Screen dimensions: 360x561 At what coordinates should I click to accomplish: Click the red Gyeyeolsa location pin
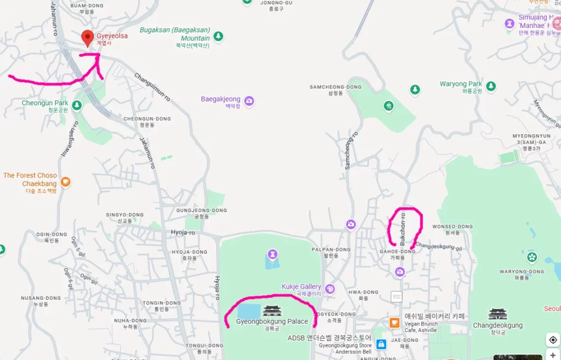(87, 38)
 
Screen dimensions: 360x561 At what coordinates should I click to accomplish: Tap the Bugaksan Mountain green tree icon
(219, 37)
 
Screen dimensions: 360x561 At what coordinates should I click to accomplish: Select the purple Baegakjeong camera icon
(249, 100)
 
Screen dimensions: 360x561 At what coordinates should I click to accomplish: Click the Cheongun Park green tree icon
(77, 105)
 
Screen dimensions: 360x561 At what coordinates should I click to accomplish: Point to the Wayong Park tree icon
(491, 86)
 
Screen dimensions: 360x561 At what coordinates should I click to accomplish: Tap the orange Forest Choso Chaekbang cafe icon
(66, 181)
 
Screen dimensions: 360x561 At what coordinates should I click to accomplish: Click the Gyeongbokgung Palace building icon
(272, 311)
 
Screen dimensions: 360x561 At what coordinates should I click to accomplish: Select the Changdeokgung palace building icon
(497, 315)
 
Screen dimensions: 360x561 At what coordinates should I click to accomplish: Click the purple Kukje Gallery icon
(329, 289)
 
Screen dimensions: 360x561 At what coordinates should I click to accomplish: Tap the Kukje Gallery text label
(301, 287)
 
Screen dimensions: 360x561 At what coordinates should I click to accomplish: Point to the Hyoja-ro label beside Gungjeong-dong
(182, 232)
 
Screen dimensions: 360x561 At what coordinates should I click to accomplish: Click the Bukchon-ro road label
(404, 228)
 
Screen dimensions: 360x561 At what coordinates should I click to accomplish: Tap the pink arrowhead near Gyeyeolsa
(99, 55)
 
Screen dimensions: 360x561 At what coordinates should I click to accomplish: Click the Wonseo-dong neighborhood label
(452, 226)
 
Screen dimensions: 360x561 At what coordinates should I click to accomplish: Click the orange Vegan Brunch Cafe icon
(394, 323)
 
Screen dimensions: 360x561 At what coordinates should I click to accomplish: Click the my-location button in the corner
(553, 340)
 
